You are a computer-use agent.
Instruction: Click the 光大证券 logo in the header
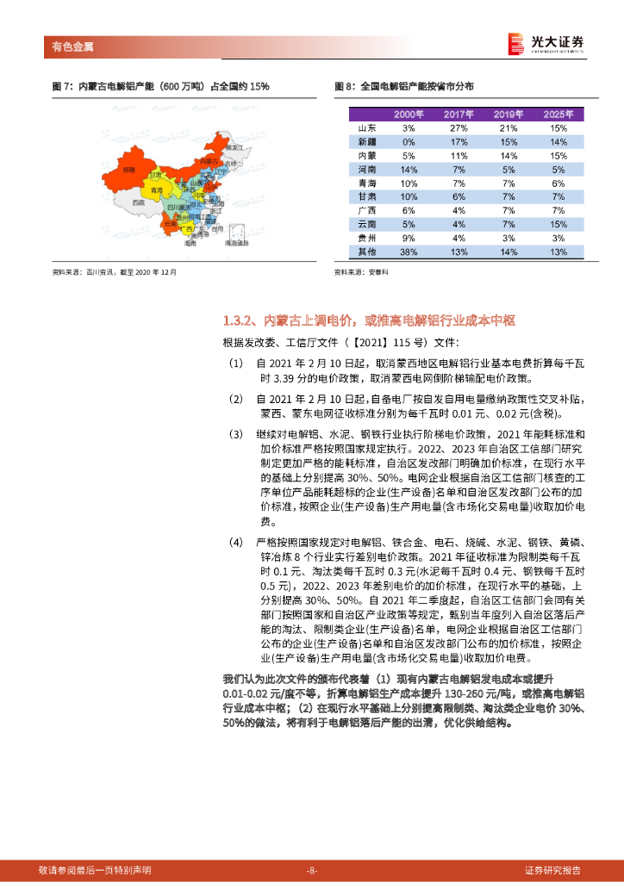point(546,42)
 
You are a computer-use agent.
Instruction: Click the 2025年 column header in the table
point(558,115)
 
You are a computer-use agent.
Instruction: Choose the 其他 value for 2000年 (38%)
point(409,252)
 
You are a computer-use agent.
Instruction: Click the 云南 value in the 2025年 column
point(558,224)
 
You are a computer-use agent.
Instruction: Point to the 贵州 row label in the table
point(365,238)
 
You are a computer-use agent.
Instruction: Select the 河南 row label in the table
point(365,169)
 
